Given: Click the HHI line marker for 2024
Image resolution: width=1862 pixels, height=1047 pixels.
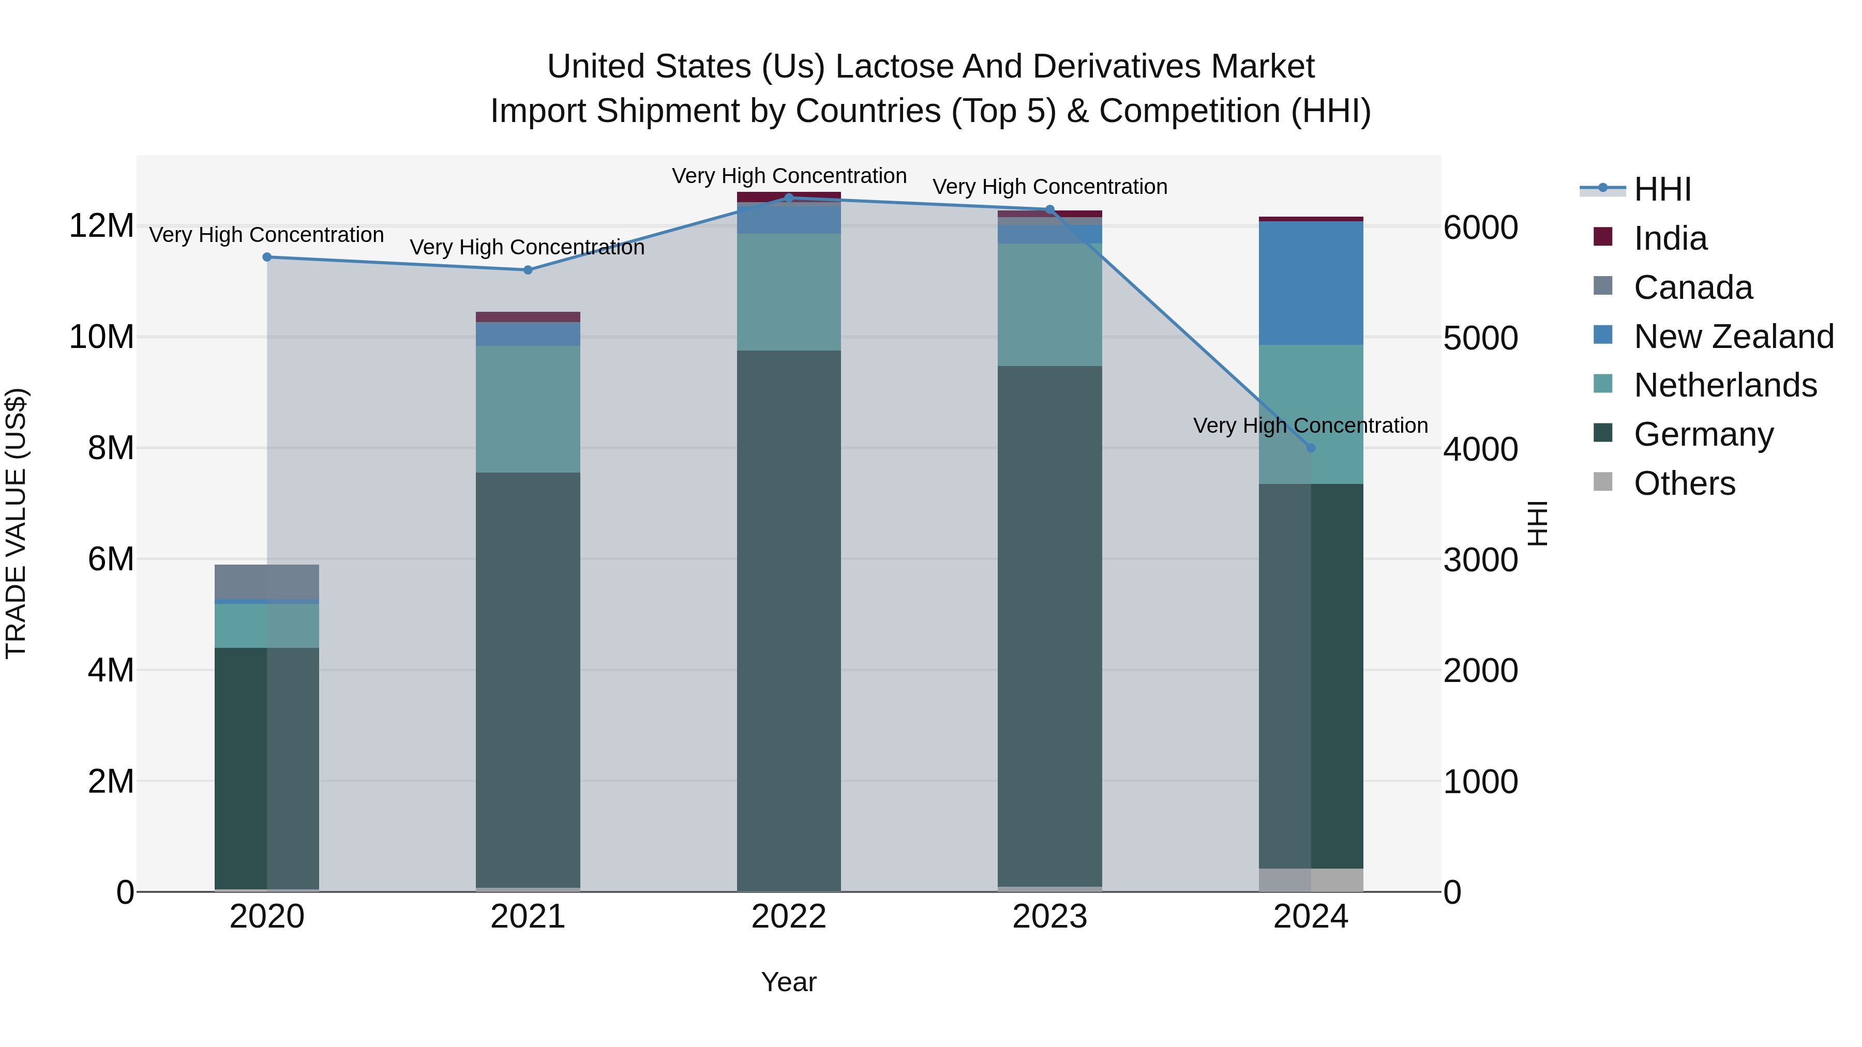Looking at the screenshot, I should (x=1311, y=448).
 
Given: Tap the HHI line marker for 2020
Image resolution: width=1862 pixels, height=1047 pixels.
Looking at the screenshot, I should (x=267, y=257).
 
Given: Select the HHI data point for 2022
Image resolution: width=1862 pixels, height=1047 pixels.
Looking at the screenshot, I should (x=789, y=198).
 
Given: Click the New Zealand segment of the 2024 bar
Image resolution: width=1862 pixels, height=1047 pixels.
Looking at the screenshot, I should (x=1311, y=283).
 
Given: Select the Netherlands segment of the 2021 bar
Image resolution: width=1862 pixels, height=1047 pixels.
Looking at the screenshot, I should (x=528, y=409).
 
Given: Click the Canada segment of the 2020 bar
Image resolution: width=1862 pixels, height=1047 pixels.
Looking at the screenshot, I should (x=267, y=582).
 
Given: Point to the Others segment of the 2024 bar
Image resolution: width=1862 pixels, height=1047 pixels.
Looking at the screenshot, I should (x=1311, y=879).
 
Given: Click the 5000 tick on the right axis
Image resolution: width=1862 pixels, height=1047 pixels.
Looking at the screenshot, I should (x=1480, y=338).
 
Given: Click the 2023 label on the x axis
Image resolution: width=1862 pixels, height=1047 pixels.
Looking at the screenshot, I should (x=1049, y=917).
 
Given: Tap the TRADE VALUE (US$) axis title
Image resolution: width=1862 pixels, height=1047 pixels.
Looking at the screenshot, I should (x=16, y=523).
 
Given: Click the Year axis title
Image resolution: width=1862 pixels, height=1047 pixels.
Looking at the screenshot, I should (x=789, y=982).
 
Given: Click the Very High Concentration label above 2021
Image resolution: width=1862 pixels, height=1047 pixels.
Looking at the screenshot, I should (x=527, y=247).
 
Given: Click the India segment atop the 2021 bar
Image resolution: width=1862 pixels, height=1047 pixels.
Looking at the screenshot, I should (x=528, y=316).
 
